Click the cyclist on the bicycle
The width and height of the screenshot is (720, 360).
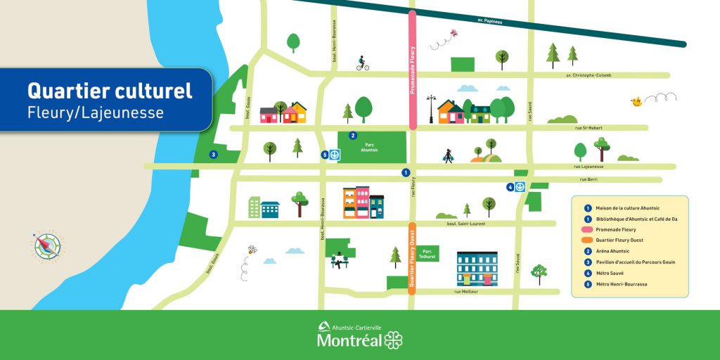tap(362, 64)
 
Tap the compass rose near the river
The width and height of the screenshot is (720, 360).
tap(45, 245)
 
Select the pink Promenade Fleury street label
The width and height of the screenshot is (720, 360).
tap(413, 70)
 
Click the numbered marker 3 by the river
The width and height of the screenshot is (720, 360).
tap(213, 155)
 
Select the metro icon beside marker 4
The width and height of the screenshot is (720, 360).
tap(520, 187)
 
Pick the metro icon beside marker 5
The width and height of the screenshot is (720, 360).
tap(335, 155)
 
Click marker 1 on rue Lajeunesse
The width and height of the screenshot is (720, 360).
tap(406, 172)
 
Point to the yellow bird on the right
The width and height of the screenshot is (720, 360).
tap(637, 102)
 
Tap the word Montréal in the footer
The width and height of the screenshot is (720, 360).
tap(349, 341)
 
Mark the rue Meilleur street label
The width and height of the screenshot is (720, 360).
tap(465, 291)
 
